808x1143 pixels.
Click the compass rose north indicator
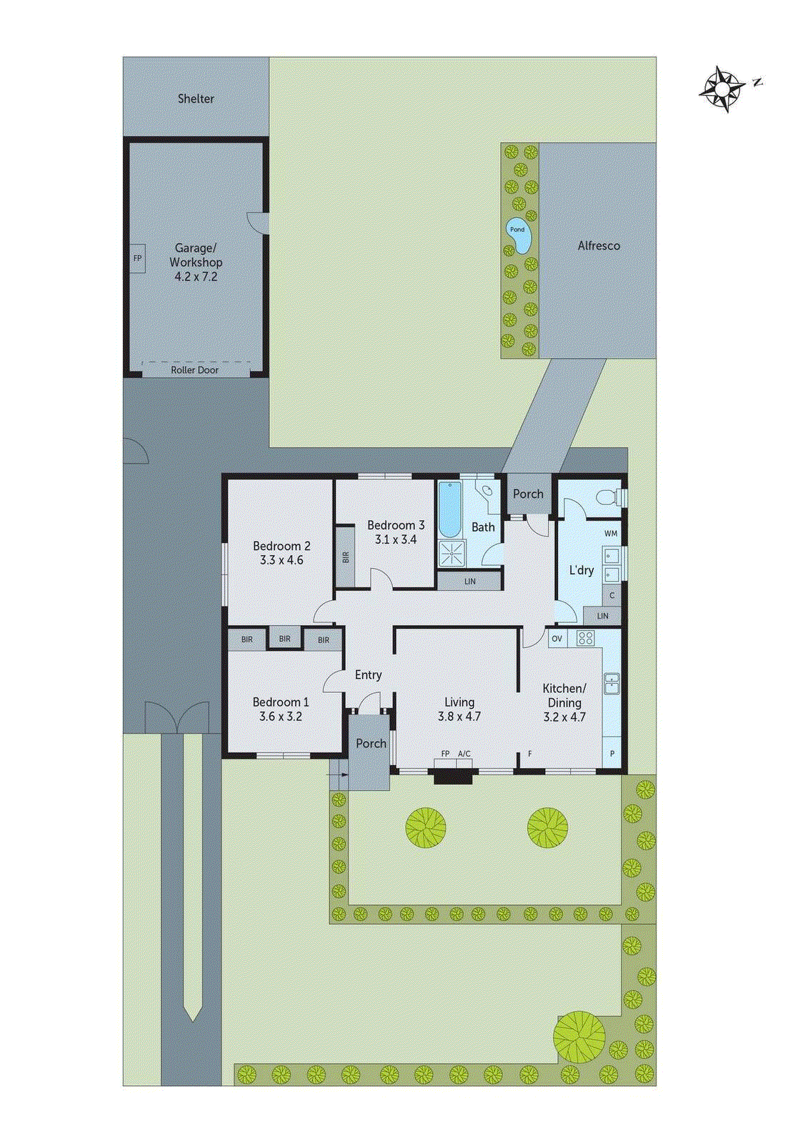[x=723, y=89]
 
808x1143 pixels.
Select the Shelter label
[x=196, y=99]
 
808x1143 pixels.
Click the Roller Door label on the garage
[x=194, y=370]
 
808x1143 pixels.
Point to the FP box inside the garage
[x=138, y=258]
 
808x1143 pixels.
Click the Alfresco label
[x=599, y=246]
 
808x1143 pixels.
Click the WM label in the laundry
[x=611, y=534]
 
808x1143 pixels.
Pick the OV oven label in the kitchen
[x=557, y=639]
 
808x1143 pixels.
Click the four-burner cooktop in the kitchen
[x=586, y=638]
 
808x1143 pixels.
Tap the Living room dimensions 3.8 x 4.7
[x=459, y=717]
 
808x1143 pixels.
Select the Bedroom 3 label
[x=396, y=525]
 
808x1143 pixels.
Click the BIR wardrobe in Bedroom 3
[x=346, y=556]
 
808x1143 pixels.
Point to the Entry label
[x=368, y=675]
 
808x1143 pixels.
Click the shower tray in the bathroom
[x=451, y=553]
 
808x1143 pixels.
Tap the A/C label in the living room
[x=464, y=754]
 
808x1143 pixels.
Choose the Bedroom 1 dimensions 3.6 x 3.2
[x=281, y=717]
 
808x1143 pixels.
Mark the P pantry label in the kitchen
[x=612, y=754]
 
